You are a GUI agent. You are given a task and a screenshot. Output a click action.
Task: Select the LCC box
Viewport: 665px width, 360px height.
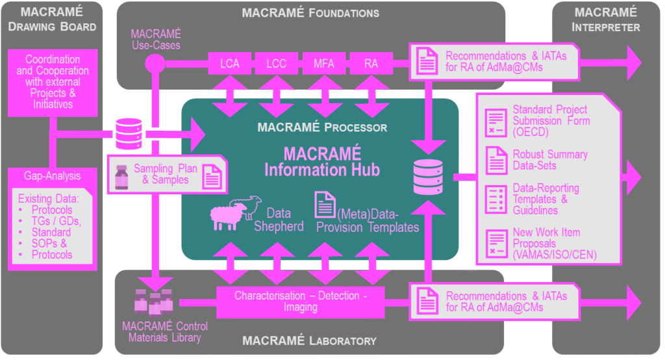coord(278,63)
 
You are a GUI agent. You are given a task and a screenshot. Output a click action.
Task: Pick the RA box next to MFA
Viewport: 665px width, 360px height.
coord(371,63)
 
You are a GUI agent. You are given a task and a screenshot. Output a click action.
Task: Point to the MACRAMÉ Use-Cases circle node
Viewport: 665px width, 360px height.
coord(155,63)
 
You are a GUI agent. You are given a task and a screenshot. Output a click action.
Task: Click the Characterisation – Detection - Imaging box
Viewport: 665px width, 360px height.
coord(300,302)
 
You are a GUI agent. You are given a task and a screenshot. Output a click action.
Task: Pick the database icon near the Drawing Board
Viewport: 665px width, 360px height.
coord(128,133)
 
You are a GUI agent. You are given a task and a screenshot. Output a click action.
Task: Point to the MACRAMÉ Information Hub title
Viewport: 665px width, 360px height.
coord(322,162)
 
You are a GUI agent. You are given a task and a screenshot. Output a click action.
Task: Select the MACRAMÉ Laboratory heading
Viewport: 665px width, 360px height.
coord(310,341)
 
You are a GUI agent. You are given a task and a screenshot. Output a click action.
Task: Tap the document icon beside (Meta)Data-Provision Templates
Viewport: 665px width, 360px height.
coord(325,205)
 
